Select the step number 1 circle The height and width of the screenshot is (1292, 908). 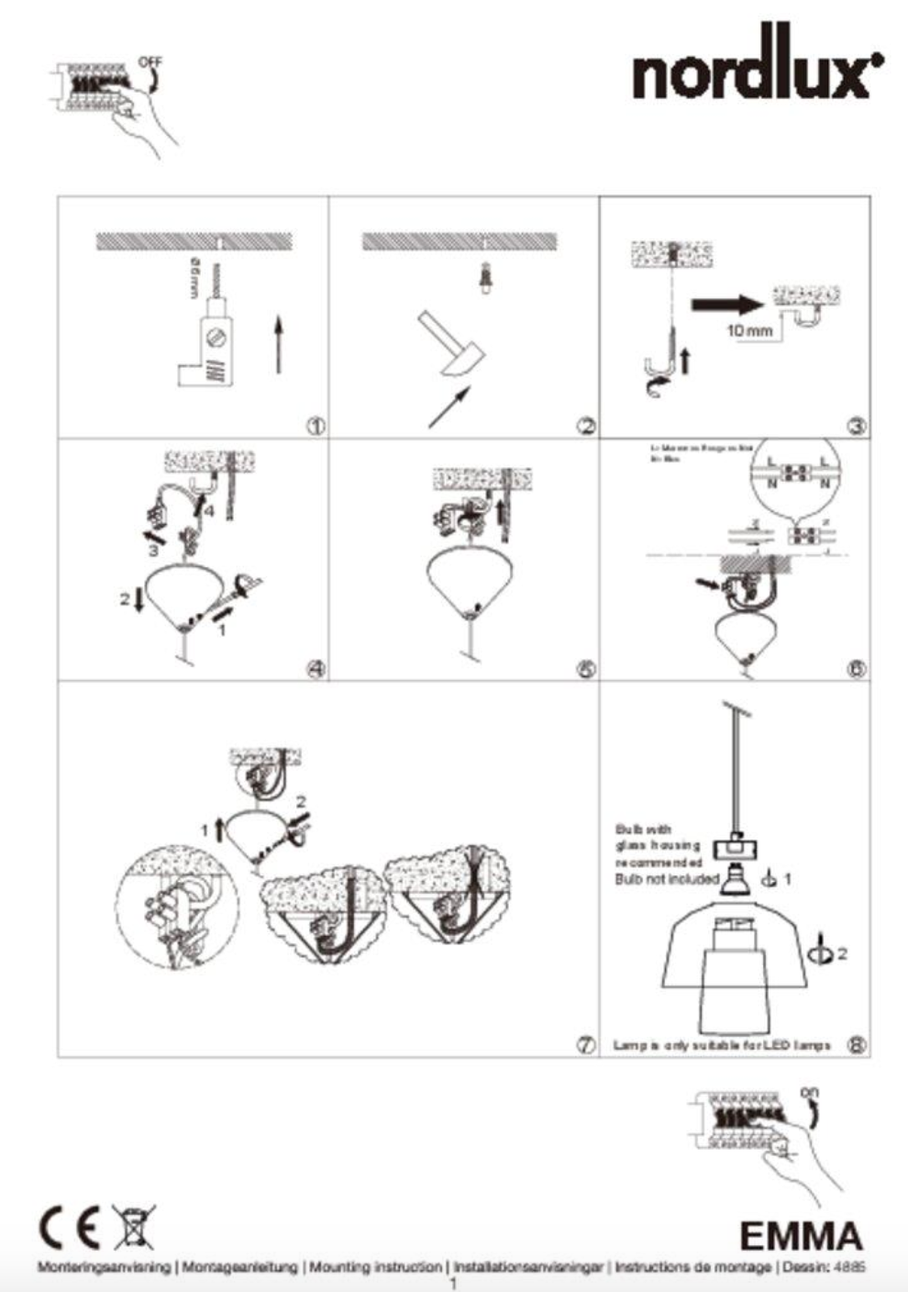click(x=316, y=426)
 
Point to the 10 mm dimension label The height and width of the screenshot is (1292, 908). click(x=749, y=330)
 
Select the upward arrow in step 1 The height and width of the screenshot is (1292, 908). click(x=279, y=343)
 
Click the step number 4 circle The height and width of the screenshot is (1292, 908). click(x=316, y=669)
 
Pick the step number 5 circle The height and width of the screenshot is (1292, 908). click(x=586, y=669)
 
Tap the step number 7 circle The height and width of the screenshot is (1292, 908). click(x=586, y=1045)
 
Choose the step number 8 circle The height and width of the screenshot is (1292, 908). click(x=856, y=1045)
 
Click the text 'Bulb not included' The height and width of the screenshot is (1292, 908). click(x=666, y=880)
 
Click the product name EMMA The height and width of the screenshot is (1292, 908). click(x=801, y=1236)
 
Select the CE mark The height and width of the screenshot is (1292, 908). click(x=69, y=1228)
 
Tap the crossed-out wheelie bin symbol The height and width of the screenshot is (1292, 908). click(x=133, y=1227)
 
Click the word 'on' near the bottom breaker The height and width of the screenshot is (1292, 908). click(x=809, y=1092)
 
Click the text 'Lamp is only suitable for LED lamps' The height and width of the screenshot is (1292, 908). click(x=722, y=1045)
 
